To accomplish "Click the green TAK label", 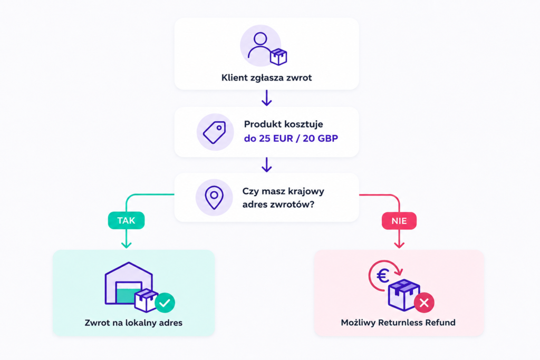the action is (127, 221).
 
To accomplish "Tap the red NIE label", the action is (399, 221).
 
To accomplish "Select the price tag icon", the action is (215, 132).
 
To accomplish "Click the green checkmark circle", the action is (165, 303).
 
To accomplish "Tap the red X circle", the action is (425, 303).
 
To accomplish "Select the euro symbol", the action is (383, 276).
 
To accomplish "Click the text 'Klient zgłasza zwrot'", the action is (266, 78).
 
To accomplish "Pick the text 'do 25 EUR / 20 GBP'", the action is (291, 138).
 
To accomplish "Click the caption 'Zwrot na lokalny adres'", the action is (133, 323).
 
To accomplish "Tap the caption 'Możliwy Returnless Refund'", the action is (398, 323).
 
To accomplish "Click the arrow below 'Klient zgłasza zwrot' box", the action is (266, 98).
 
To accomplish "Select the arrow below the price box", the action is (266, 165).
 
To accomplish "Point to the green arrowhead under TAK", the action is (127, 245).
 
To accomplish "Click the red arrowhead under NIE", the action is (399, 245).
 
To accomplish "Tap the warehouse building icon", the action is (128, 284).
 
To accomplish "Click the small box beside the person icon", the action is (278, 57).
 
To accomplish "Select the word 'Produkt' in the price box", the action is (261, 124).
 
